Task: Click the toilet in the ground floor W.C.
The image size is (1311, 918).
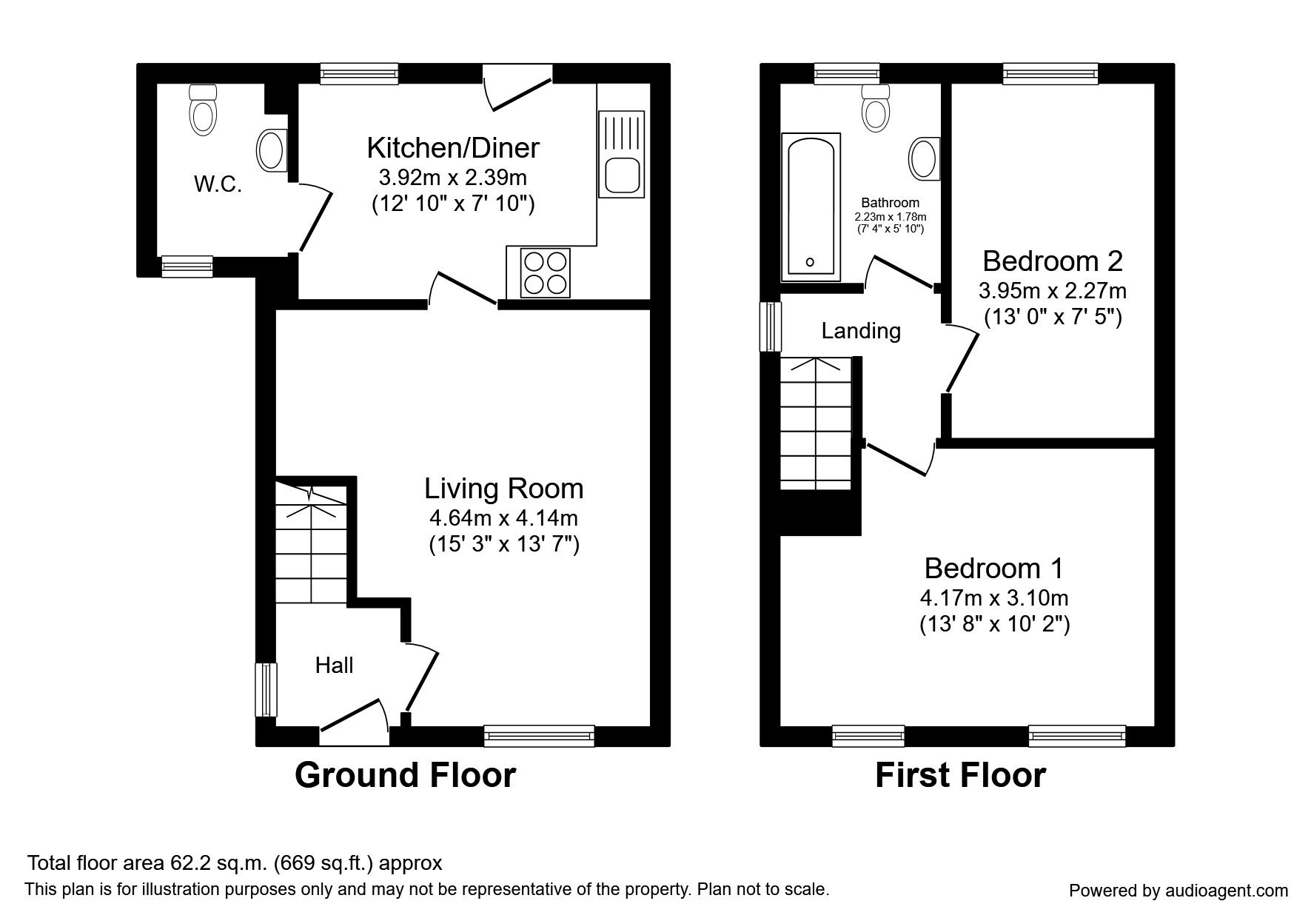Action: (x=203, y=109)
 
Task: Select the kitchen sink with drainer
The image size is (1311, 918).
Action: (x=622, y=154)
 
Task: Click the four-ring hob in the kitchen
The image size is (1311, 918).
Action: (x=546, y=272)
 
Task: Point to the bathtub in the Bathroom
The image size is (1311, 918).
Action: (x=811, y=207)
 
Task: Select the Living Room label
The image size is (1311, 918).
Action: (x=504, y=489)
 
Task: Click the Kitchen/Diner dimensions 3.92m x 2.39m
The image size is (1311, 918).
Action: (x=453, y=178)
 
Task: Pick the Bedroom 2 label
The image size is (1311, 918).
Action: (x=1053, y=261)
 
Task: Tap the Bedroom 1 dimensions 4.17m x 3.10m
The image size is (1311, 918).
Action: (x=994, y=597)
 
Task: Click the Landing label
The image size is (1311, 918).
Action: (x=861, y=331)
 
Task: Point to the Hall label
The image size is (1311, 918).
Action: (x=334, y=666)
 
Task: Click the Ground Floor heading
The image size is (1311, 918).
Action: (x=405, y=775)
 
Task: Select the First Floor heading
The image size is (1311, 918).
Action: (x=960, y=775)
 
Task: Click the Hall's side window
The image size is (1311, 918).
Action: (x=266, y=690)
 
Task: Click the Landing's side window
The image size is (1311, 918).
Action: (x=771, y=326)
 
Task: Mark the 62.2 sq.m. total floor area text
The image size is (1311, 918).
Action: (x=235, y=863)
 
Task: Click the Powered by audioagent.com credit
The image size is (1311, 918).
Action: (x=1178, y=891)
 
